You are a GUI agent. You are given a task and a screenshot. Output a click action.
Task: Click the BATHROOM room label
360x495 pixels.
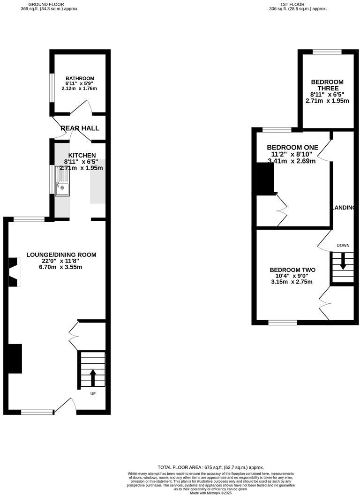pyautogui.click(x=80, y=78)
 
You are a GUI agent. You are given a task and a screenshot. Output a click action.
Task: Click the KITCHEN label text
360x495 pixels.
pyautogui.click(x=82, y=156)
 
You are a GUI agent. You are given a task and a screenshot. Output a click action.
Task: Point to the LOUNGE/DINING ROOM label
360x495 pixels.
pyautogui.click(x=61, y=255)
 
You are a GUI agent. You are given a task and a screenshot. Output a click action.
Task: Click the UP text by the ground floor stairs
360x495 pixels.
pyautogui.click(x=93, y=394)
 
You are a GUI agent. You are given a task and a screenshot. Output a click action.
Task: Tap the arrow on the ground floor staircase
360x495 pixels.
pyautogui.click(x=92, y=376)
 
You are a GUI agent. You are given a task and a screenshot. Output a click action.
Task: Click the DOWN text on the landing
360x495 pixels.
pyautogui.click(x=343, y=245)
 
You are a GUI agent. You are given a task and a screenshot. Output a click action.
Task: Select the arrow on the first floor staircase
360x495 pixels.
pyautogui.click(x=343, y=261)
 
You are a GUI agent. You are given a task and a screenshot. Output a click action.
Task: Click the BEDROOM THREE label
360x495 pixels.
pyautogui.click(x=327, y=85)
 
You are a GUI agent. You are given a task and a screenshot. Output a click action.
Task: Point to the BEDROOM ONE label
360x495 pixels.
pyautogui.click(x=292, y=147)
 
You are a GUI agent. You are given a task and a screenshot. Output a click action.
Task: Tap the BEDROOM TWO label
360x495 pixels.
pyautogui.click(x=292, y=270)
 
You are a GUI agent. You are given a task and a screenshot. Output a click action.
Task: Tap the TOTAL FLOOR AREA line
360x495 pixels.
pyautogui.click(x=210, y=467)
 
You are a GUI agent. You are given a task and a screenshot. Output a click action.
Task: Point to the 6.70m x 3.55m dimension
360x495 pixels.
pyautogui.click(x=61, y=267)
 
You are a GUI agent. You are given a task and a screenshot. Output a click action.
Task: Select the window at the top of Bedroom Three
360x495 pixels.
pyautogui.click(x=327, y=52)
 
